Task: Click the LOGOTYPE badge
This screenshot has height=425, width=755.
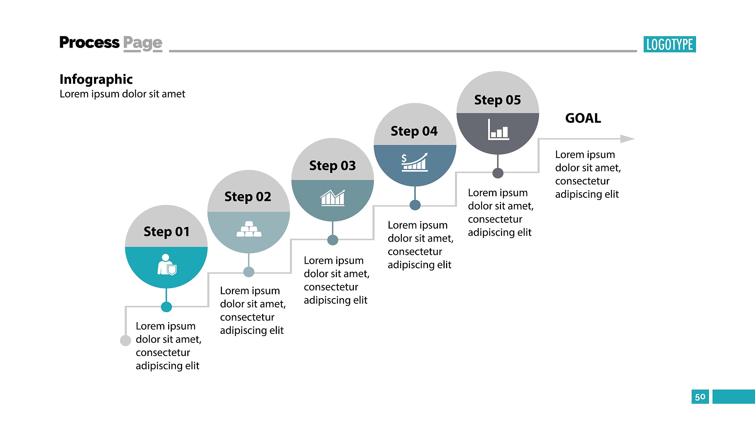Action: click(669, 44)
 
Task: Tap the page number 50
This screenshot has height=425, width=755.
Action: click(700, 397)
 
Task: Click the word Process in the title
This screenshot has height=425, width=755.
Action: click(90, 42)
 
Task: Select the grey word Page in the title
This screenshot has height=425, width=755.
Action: click(143, 44)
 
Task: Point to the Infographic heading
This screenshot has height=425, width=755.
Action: click(96, 79)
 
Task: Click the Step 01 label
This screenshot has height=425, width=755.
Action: click(167, 232)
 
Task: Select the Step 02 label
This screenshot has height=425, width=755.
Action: click(248, 197)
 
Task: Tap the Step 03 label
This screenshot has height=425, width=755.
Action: click(333, 166)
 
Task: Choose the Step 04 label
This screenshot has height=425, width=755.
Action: click(414, 131)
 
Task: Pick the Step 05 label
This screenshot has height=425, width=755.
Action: click(498, 100)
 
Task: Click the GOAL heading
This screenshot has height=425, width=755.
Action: click(583, 118)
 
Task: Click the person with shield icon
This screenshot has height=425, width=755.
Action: click(167, 265)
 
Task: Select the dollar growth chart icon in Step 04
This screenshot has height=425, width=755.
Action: click(415, 162)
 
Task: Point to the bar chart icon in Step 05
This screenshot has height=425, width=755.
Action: click(498, 129)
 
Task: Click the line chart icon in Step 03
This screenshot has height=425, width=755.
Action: click(333, 198)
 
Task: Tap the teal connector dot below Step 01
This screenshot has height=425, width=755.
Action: click(166, 307)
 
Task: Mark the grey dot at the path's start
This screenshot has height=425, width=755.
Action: click(125, 341)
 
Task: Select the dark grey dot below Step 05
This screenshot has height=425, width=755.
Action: click(498, 173)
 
